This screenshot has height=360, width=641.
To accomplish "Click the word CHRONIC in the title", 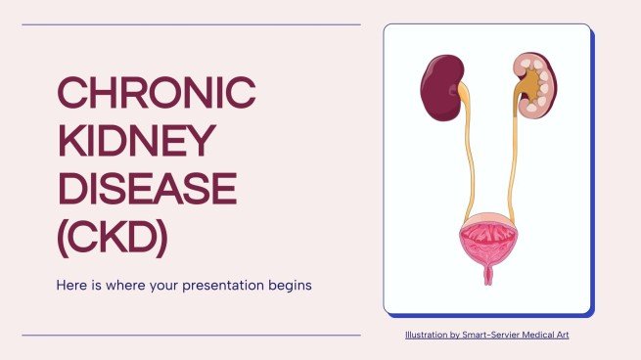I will click(x=156, y=94).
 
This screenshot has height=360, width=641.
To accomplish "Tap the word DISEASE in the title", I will click(x=146, y=188).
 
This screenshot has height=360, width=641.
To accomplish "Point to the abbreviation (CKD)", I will click(x=112, y=235).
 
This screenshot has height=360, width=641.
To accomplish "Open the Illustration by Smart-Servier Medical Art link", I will click(x=486, y=336).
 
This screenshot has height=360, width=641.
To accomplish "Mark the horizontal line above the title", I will click(x=191, y=24).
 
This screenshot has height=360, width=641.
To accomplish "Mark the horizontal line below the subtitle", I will click(x=191, y=336).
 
